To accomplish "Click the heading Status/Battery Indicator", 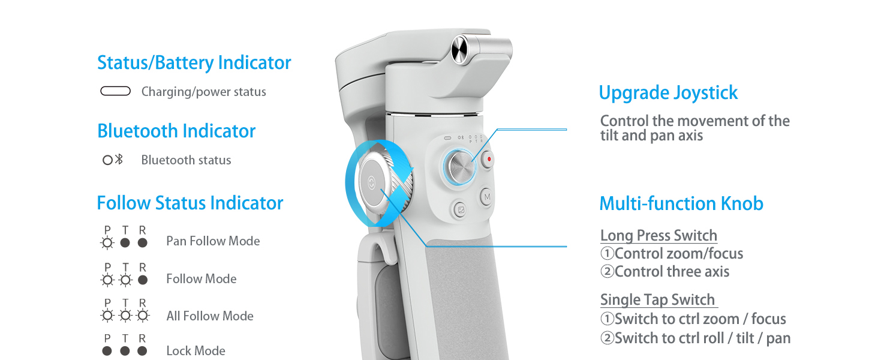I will (x=194, y=63).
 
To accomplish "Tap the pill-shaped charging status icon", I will (x=115, y=91).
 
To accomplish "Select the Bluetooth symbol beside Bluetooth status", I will (x=119, y=160).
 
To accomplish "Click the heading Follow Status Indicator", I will (x=190, y=203).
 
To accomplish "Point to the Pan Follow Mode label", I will (x=213, y=241).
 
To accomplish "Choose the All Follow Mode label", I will (x=210, y=316).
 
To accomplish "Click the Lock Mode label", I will (x=196, y=351).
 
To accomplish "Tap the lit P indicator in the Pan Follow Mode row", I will (x=107, y=243).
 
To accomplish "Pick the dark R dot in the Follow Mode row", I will (x=142, y=280).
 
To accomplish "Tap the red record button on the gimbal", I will (x=489, y=160).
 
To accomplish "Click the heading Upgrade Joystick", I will (x=668, y=93).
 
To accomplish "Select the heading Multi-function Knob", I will (x=681, y=204).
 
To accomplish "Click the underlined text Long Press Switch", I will (x=659, y=235).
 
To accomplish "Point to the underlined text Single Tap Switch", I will (x=658, y=300).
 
